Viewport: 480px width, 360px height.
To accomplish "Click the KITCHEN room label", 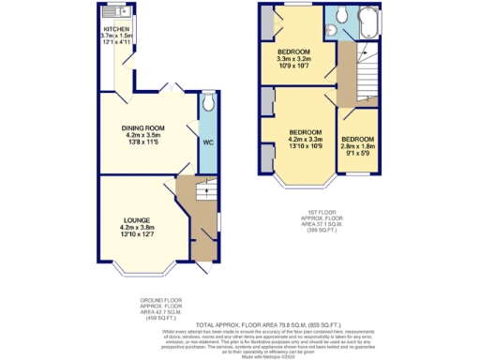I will point(117,29).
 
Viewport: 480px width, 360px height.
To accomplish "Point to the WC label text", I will point(208,142).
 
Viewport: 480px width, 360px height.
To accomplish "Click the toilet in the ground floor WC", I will point(208,101).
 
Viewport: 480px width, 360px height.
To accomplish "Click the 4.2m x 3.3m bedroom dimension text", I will point(306,140).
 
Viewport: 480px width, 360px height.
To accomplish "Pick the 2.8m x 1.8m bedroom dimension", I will point(357,146).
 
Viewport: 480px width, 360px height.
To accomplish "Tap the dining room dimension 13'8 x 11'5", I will point(143,142).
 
